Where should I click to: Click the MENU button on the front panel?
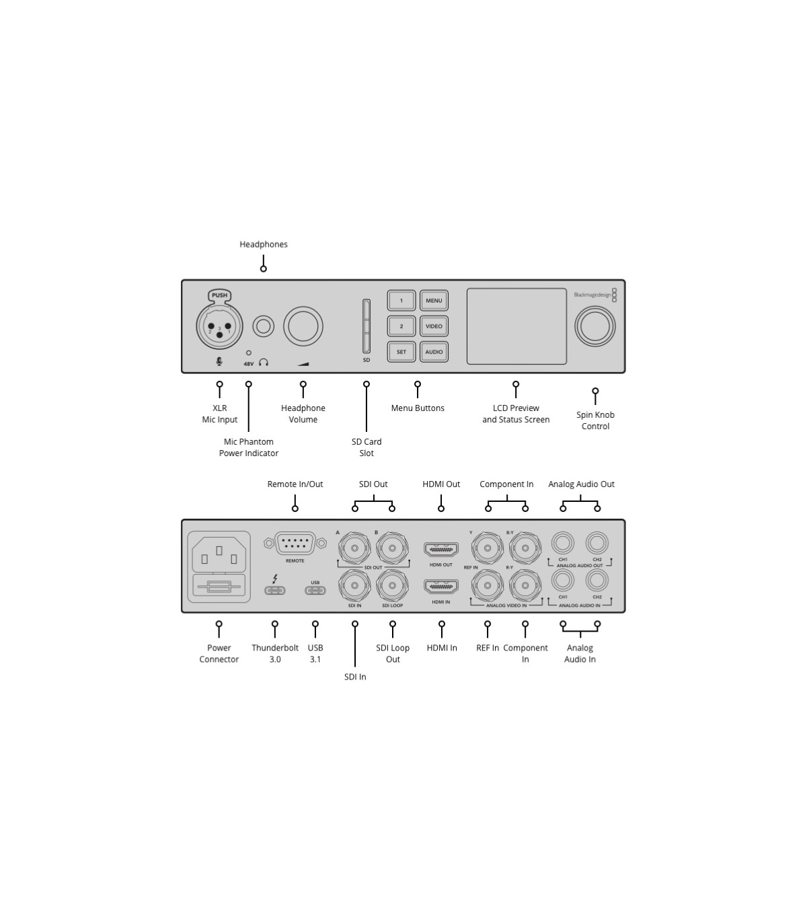click(x=434, y=301)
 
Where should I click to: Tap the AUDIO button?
click(x=434, y=352)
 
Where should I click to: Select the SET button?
click(x=401, y=352)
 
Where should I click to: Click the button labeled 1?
click(x=401, y=301)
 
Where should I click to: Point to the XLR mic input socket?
click(x=219, y=326)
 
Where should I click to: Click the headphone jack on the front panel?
click(x=264, y=326)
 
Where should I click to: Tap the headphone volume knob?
click(x=303, y=326)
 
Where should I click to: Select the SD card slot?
click(x=367, y=326)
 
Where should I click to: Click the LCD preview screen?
click(x=516, y=326)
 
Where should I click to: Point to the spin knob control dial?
click(x=594, y=326)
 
